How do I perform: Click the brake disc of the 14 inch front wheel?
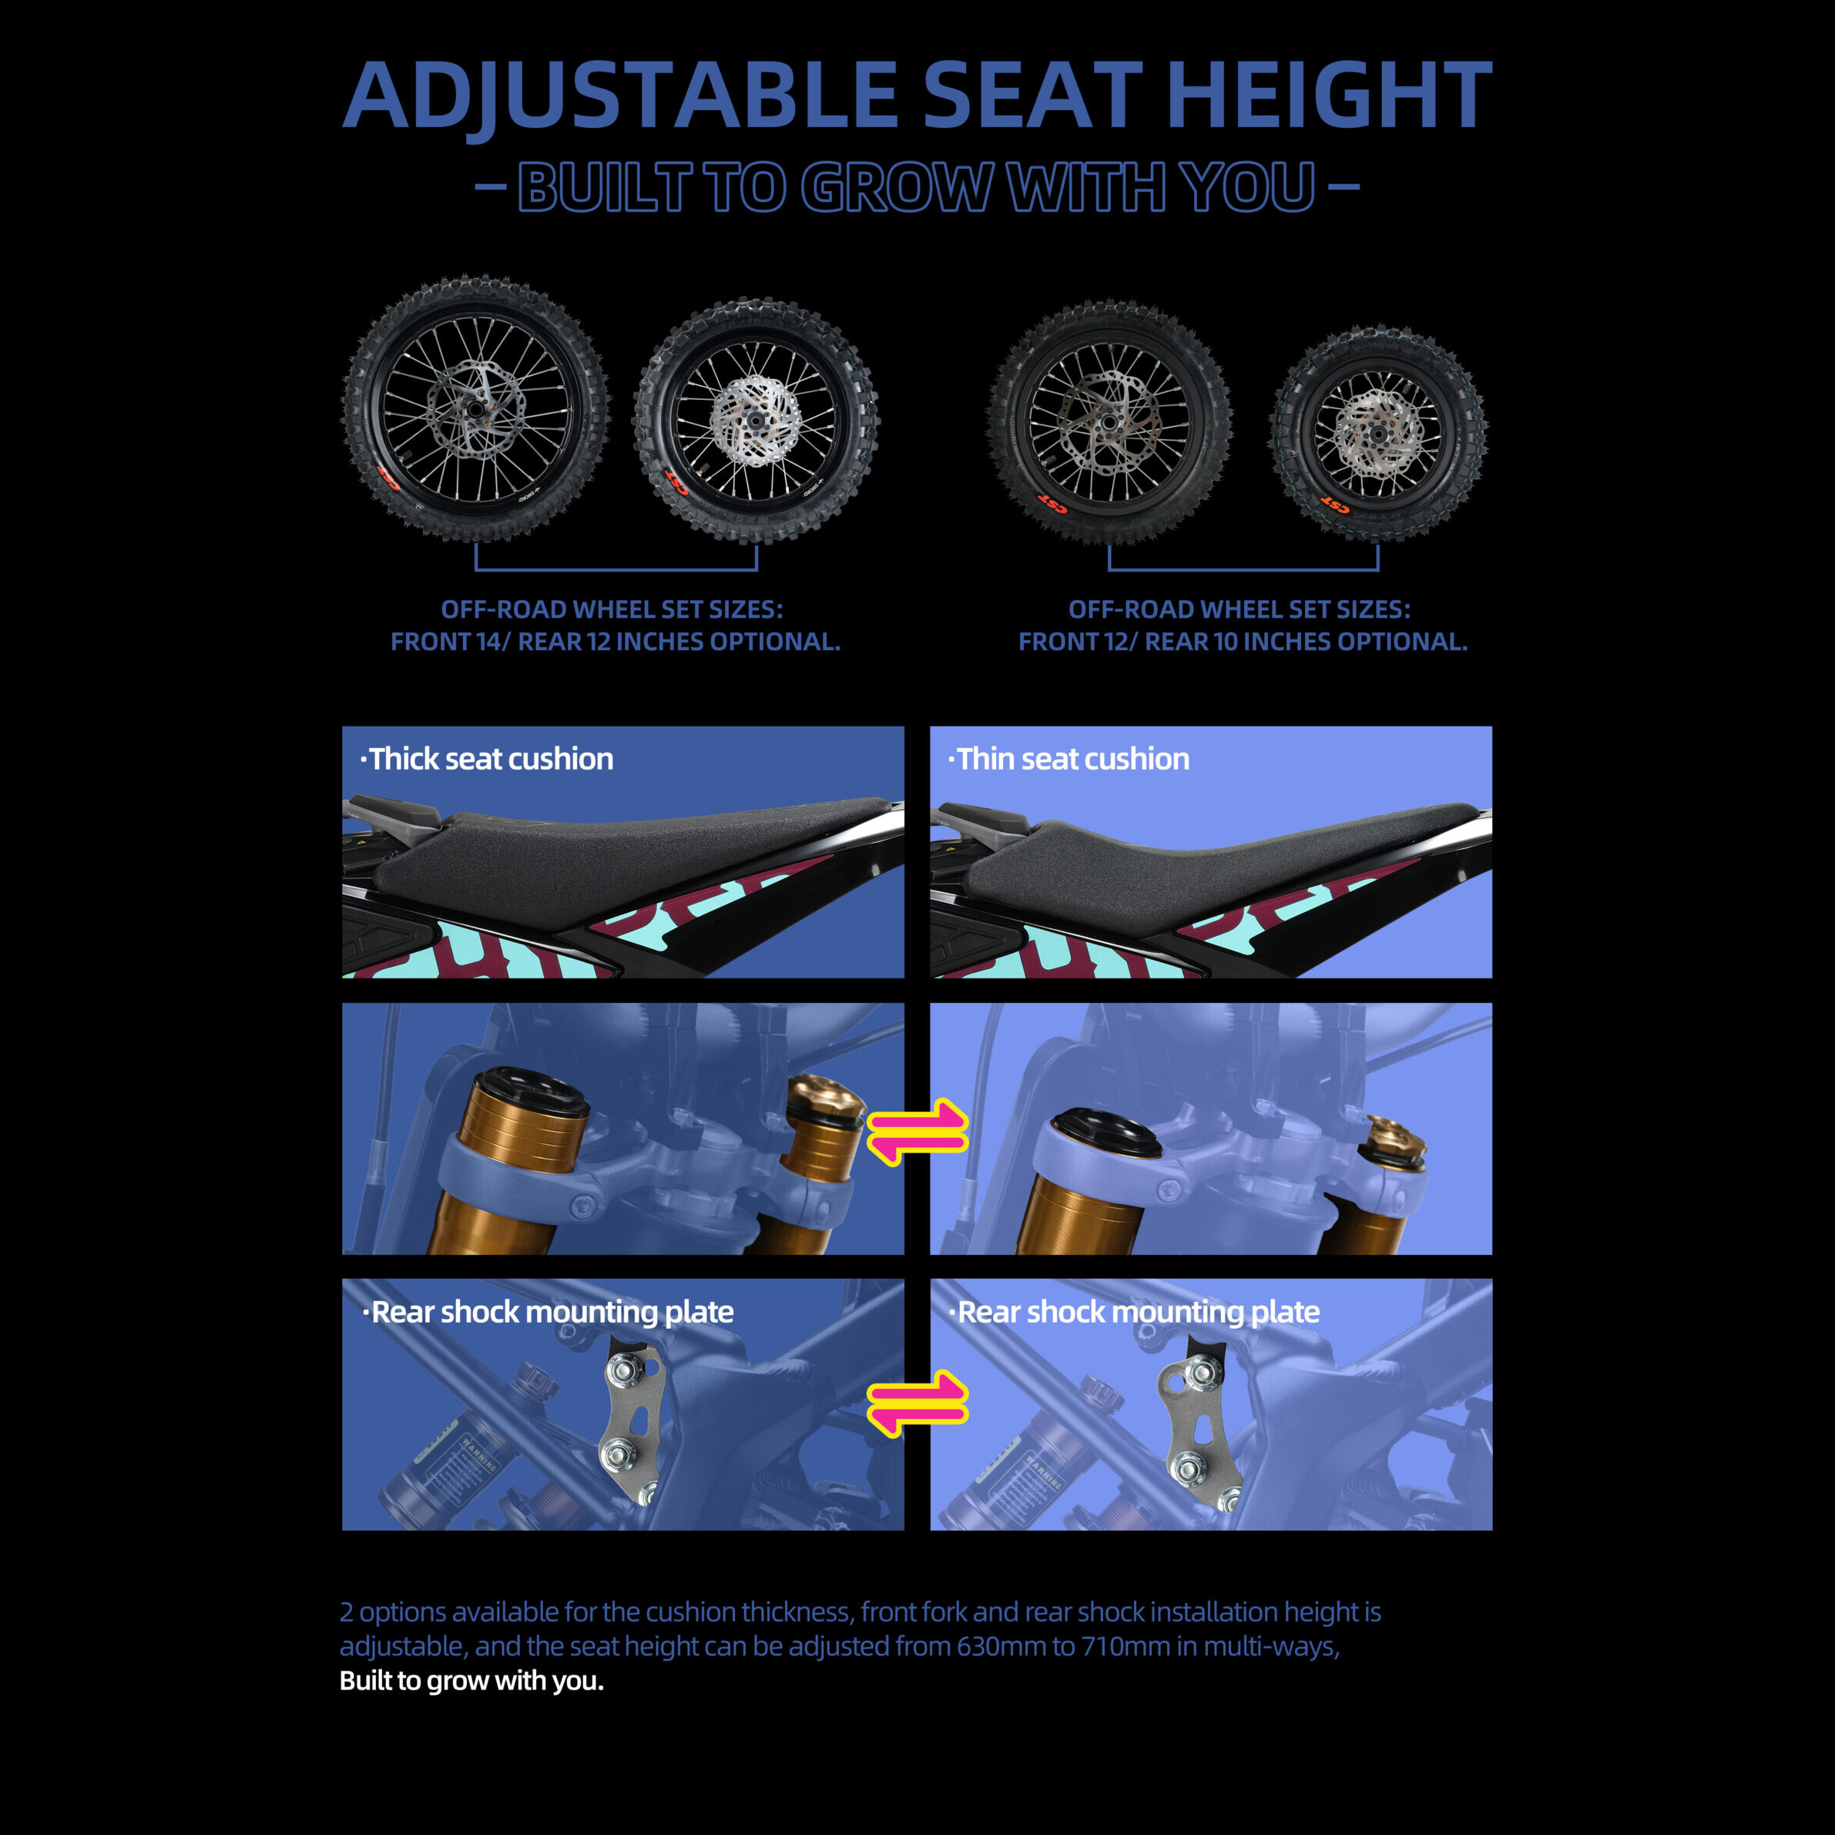(474, 409)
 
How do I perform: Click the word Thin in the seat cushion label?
(986, 759)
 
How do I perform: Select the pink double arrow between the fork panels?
(917, 1131)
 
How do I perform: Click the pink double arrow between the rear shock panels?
(917, 1402)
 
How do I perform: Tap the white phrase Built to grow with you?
(472, 1680)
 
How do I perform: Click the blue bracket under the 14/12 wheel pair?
(616, 569)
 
